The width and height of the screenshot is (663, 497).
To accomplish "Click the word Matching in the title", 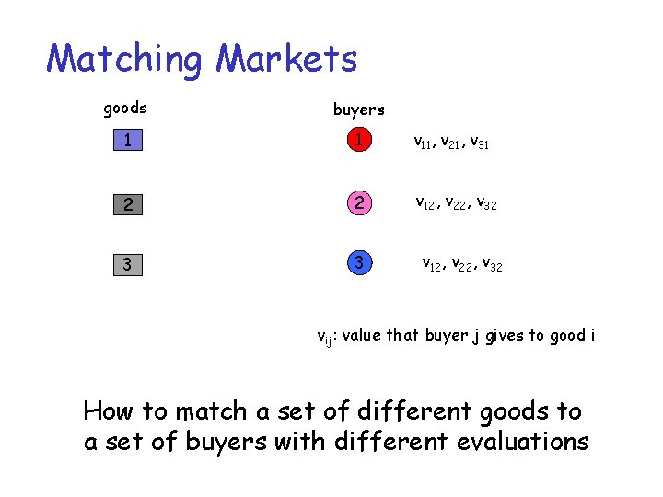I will click(124, 60).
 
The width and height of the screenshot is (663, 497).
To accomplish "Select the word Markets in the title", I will click(286, 60).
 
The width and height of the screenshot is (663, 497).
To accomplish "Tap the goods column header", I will click(125, 109).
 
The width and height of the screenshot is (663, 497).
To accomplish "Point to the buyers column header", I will click(358, 110).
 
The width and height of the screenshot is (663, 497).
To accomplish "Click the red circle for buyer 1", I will click(359, 141).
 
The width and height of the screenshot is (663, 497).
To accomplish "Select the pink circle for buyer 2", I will click(359, 202).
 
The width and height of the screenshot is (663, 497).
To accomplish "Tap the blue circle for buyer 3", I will click(359, 264).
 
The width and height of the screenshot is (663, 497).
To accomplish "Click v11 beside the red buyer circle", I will click(424, 143).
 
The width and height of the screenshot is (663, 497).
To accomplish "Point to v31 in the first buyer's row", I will click(479, 143).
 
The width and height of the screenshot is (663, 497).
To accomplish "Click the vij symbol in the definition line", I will click(325, 337).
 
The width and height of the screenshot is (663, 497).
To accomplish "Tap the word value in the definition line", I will click(362, 335).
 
